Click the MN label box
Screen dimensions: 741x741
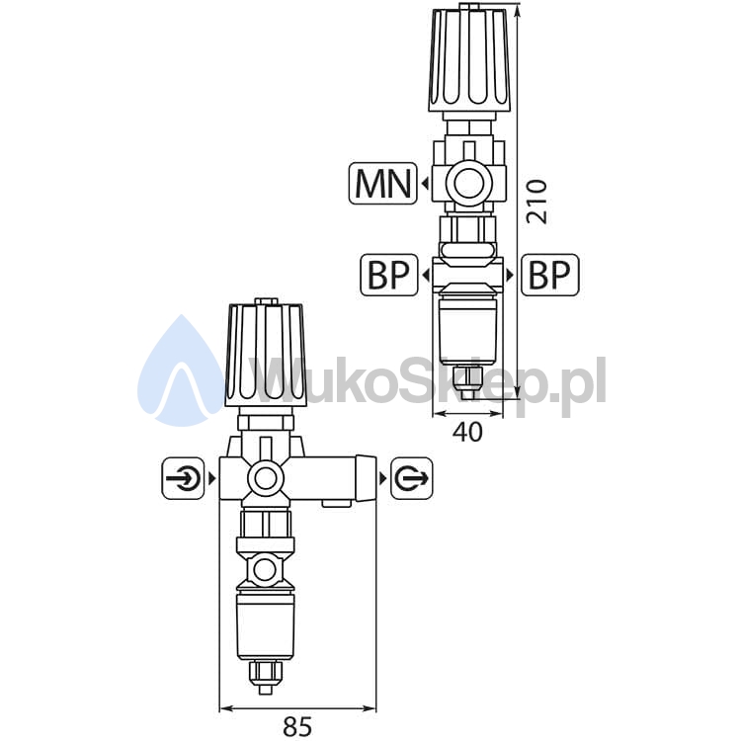tap(382, 184)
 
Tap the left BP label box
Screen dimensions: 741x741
tap(389, 275)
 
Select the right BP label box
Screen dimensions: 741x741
tap(550, 275)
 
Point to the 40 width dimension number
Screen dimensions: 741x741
tap(468, 432)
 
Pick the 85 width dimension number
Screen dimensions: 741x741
tap(297, 726)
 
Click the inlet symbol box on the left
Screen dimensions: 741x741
tap(184, 478)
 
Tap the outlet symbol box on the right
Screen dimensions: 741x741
tap(412, 478)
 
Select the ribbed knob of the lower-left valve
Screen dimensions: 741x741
tap(266, 356)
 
